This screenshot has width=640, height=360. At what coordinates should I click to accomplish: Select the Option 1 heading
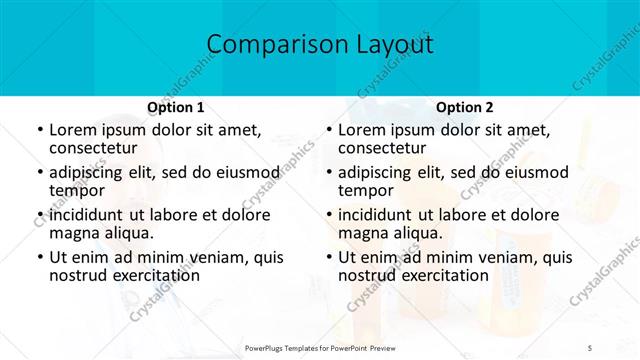pos(176,106)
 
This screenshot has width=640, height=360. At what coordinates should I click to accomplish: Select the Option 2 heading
pos(465,106)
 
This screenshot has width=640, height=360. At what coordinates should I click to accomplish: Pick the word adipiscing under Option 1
pos(93,172)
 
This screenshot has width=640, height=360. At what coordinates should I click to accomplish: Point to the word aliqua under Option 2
pos(417,233)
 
